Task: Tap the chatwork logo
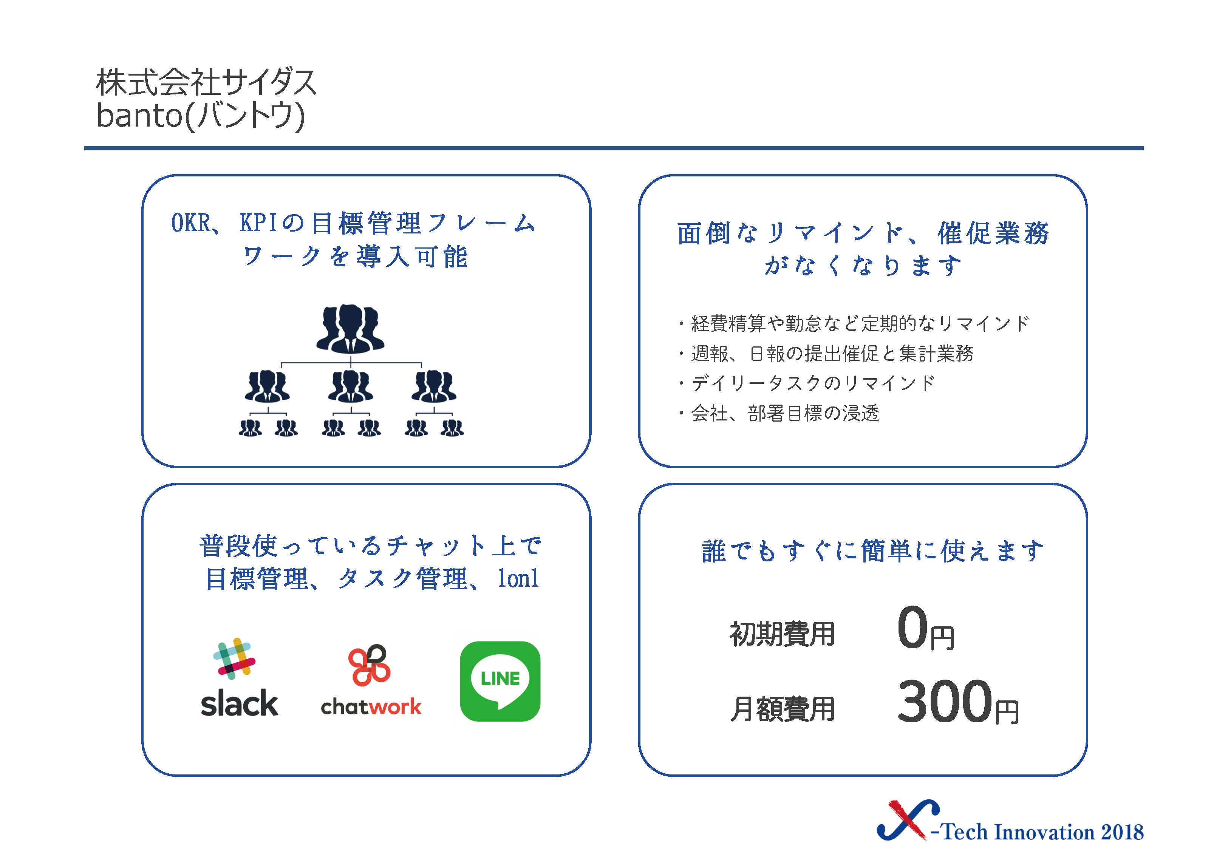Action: (x=371, y=680)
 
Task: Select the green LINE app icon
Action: (x=500, y=681)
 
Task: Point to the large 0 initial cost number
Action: (x=912, y=627)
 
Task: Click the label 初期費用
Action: (x=782, y=634)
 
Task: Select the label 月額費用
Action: (x=782, y=709)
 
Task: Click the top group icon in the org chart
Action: (x=350, y=329)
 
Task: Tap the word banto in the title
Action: (x=139, y=115)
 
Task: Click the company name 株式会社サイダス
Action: (x=206, y=83)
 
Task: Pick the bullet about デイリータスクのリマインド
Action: (x=806, y=383)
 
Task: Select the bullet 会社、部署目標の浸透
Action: (x=778, y=413)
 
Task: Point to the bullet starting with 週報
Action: (x=826, y=353)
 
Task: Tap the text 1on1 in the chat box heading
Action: (x=518, y=578)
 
